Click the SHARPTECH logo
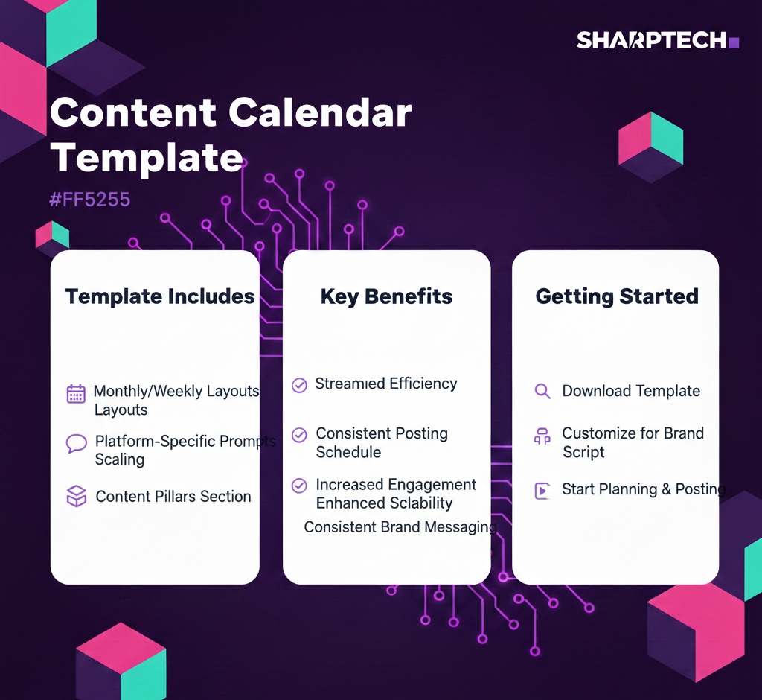[x=658, y=40]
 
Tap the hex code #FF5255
[x=90, y=200]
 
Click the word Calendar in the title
[x=320, y=112]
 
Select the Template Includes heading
[x=160, y=296]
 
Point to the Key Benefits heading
[x=386, y=296]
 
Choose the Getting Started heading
[x=617, y=296]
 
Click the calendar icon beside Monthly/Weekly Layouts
[x=76, y=394]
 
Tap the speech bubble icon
[x=77, y=443]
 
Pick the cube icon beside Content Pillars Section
[x=77, y=496]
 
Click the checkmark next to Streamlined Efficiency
[x=299, y=385]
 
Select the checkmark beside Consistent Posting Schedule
[x=299, y=435]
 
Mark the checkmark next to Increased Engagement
[x=299, y=486]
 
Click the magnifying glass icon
[x=542, y=391]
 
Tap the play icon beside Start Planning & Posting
[x=542, y=490]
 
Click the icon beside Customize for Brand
[x=542, y=436]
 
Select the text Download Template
[x=631, y=391]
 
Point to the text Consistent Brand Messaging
[x=400, y=527]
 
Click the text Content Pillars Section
[x=173, y=496]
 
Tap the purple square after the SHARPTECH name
[x=734, y=42]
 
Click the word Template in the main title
[x=147, y=158]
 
